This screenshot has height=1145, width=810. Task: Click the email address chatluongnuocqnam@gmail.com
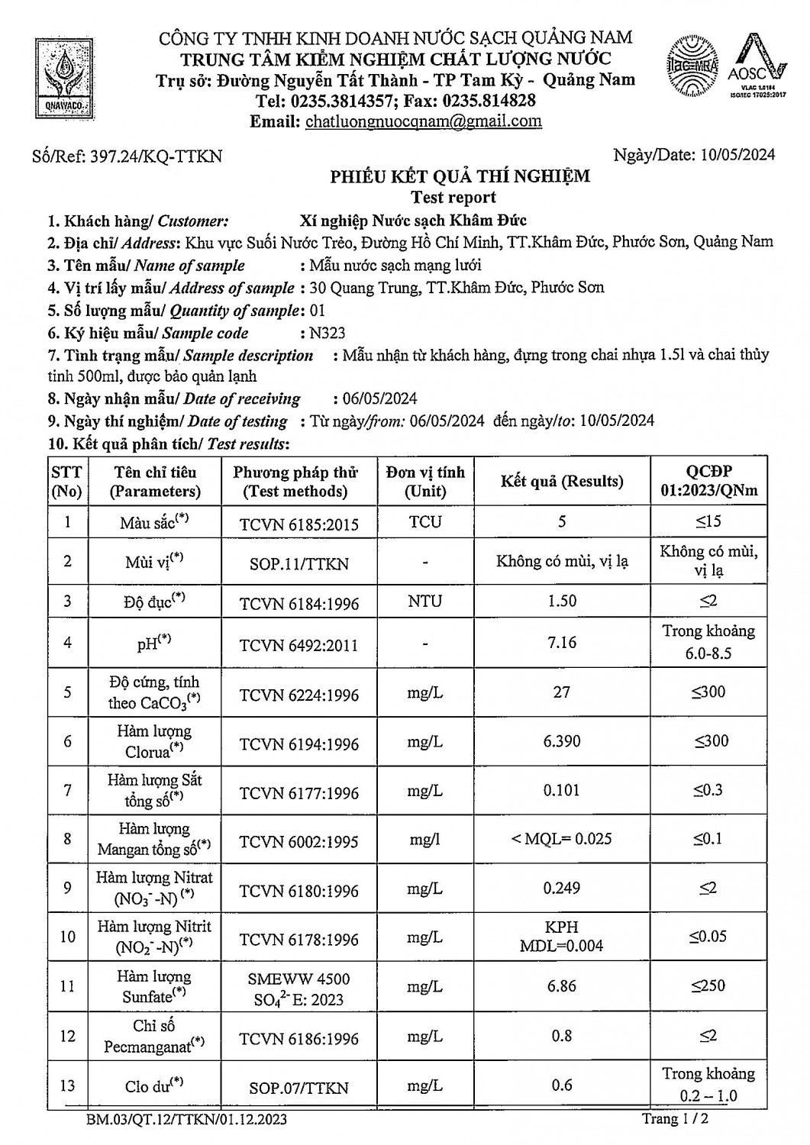point(423,121)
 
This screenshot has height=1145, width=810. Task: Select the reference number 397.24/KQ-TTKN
point(156,156)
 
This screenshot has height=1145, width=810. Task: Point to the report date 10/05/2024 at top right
point(737,155)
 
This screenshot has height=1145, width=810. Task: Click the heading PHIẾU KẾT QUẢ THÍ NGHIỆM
point(460,177)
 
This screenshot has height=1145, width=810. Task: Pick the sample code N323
point(327,333)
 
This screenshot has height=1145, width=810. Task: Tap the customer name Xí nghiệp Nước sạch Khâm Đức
point(414,221)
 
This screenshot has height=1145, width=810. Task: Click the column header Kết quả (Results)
point(562,481)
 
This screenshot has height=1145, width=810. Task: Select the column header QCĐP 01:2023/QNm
point(708,481)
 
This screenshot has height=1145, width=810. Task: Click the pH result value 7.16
point(562,642)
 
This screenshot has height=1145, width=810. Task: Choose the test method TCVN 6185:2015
point(299,524)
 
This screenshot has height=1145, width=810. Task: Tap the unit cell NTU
point(424,602)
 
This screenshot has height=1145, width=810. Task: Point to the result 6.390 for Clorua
point(562,740)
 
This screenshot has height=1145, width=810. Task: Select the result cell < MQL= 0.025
point(562,839)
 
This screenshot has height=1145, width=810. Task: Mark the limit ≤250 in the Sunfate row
point(708,985)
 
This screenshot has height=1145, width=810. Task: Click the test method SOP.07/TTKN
point(299,1088)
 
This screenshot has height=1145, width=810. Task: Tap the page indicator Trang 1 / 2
point(680,1119)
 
